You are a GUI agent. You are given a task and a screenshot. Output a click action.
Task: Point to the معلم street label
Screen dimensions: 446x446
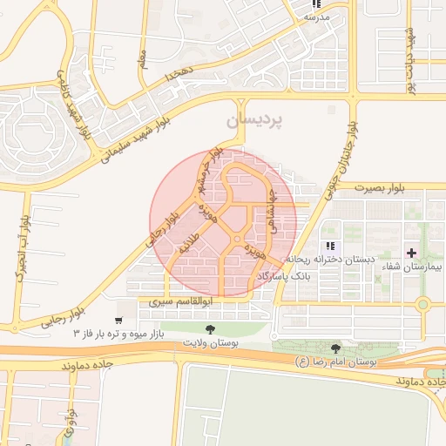pos(142,58)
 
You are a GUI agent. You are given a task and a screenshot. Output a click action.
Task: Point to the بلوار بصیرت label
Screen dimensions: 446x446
pos(380,186)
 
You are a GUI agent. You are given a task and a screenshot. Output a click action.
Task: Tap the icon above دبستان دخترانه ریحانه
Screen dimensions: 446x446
pos(330,247)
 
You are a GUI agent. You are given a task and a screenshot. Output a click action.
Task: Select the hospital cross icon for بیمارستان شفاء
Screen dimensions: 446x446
pos(412,253)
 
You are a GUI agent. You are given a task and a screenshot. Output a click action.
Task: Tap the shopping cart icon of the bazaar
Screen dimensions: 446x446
pos(119,321)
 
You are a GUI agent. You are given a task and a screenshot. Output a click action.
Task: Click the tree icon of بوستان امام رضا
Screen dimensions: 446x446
pos(335,348)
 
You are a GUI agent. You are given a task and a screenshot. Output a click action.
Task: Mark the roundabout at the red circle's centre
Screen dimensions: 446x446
pos(236,239)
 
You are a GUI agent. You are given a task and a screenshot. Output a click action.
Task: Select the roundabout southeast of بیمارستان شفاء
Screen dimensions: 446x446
pos(423,304)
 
